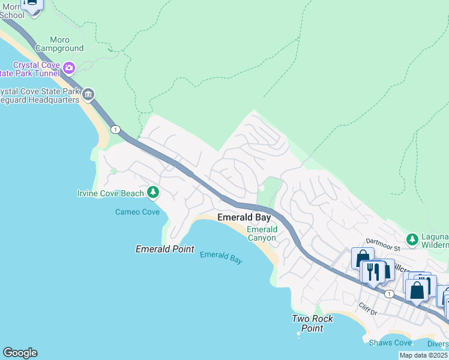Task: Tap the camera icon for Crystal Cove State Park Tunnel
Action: coord(68,68)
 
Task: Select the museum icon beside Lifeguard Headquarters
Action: coord(88,95)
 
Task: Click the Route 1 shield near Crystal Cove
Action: coord(115,129)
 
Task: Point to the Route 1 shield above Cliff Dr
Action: coord(390,293)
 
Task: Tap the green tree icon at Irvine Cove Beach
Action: coord(154,192)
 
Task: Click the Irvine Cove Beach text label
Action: coord(111,193)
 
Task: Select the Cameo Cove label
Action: coord(137,212)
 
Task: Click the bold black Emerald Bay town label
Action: coord(244,217)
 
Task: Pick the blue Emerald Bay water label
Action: coord(221,257)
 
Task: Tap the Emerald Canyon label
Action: coord(262,233)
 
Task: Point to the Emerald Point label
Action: coord(164,249)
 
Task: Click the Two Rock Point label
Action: coord(312,323)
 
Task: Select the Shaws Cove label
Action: coord(390,343)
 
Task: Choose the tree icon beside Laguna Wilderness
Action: coord(412,239)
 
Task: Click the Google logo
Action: coord(20,353)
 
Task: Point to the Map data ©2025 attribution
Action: coord(423,355)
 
